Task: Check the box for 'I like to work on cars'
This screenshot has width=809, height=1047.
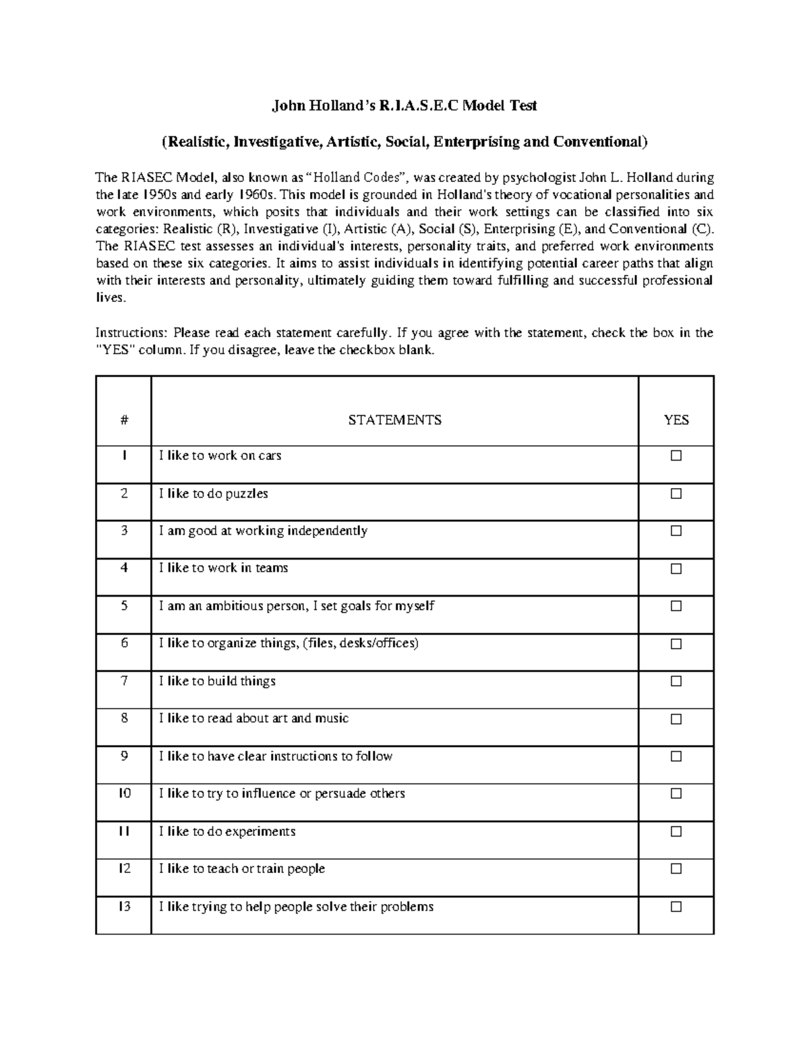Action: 676,456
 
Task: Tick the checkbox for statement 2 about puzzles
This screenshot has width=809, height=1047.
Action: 676,493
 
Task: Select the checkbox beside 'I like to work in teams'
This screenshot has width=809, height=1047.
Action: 676,569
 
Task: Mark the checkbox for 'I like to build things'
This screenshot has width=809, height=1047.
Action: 676,682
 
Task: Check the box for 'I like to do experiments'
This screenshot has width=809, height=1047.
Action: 676,832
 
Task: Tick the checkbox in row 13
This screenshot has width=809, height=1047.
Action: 676,907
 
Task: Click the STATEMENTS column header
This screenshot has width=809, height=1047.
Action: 394,420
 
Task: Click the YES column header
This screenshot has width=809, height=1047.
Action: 676,420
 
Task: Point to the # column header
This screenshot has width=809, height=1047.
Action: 124,420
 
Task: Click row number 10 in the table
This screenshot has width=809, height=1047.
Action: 124,794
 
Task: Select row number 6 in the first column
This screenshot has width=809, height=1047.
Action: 124,643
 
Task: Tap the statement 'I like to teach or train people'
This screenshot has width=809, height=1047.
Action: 242,869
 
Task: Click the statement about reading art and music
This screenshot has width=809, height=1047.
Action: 253,719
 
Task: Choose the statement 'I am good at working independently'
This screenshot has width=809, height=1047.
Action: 263,531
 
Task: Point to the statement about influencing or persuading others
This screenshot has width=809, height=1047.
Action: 282,794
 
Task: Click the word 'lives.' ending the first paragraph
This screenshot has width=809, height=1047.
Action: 111,297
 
